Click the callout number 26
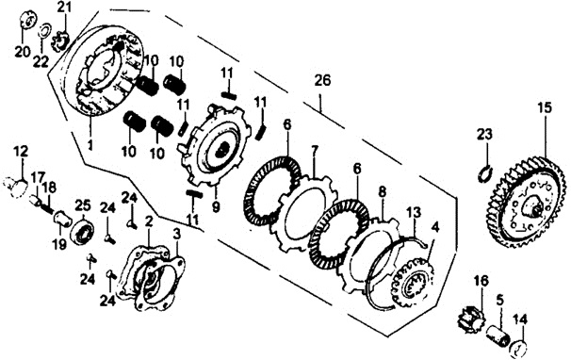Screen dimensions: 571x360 [322, 80]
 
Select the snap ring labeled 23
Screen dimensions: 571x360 [485, 173]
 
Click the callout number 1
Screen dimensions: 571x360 [90, 145]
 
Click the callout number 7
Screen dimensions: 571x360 [315, 150]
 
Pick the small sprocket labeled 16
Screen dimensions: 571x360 [467, 317]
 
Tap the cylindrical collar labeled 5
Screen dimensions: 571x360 [498, 330]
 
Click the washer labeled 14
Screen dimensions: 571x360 [519, 348]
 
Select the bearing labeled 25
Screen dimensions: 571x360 [82, 231]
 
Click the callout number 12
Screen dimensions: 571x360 [21, 151]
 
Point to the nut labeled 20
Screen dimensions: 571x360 [25, 19]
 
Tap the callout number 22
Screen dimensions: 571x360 [41, 61]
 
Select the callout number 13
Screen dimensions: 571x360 [414, 211]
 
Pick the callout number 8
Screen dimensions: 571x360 [382, 192]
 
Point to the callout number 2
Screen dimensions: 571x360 [148, 221]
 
